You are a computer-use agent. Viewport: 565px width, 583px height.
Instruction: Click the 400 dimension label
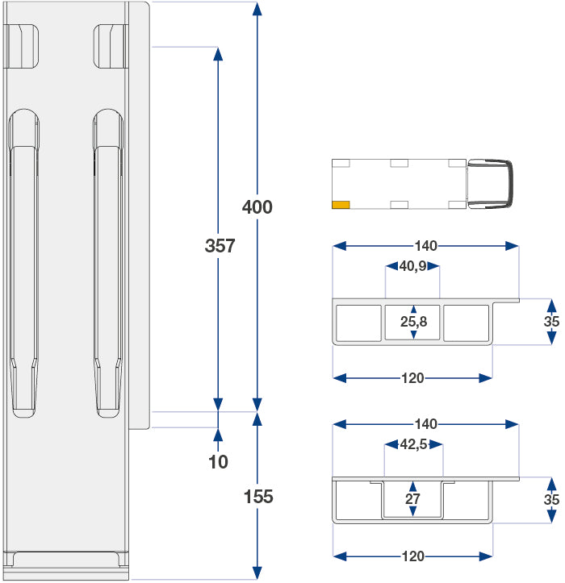coord(257,207)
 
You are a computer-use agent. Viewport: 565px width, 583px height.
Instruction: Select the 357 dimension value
coord(219,246)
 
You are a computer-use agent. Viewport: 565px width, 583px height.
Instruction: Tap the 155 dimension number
coord(258,497)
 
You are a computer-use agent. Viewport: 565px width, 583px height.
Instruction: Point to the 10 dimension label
coord(218,462)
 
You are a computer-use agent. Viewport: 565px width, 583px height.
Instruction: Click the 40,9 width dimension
coord(412,266)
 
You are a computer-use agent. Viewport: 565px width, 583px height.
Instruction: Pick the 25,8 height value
coord(413,323)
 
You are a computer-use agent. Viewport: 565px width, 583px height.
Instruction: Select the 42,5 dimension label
coord(413,444)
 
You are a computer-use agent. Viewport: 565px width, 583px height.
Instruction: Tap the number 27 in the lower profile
coord(413,499)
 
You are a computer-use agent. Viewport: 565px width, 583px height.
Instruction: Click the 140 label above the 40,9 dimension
coord(425,246)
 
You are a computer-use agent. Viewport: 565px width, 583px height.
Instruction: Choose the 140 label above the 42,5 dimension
coord(425,423)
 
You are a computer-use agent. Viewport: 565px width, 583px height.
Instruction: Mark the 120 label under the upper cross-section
coord(412,377)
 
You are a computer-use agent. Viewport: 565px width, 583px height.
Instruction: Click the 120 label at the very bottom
coord(412,556)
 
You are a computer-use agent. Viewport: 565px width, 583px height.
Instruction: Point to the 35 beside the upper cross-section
coord(552,322)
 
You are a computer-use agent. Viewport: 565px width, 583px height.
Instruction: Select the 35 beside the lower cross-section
coord(552,499)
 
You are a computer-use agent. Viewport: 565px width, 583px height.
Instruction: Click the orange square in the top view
coord(341,205)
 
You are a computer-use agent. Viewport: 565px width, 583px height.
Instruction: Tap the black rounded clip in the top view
coord(492,184)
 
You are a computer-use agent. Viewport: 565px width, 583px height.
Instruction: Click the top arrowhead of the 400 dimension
coord(257,9)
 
